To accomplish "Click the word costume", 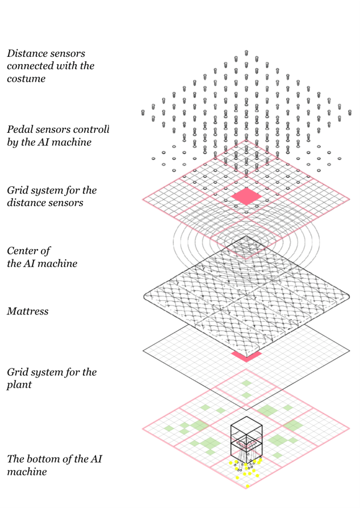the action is (26, 79).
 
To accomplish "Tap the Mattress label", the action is (28, 312).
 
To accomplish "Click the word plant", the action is (19, 385).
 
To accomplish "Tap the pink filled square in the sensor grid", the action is (246, 196).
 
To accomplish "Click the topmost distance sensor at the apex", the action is (246, 53).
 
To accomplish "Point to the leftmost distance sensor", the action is (143, 113).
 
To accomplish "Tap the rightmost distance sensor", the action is (350, 113).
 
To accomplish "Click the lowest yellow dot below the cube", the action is (248, 486).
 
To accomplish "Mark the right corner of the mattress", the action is (349, 296).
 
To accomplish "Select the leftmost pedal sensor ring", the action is (153, 158).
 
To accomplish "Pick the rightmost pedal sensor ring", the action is (339, 158).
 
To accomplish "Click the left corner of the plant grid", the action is (143, 429).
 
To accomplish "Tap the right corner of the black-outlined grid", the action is (350, 351).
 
